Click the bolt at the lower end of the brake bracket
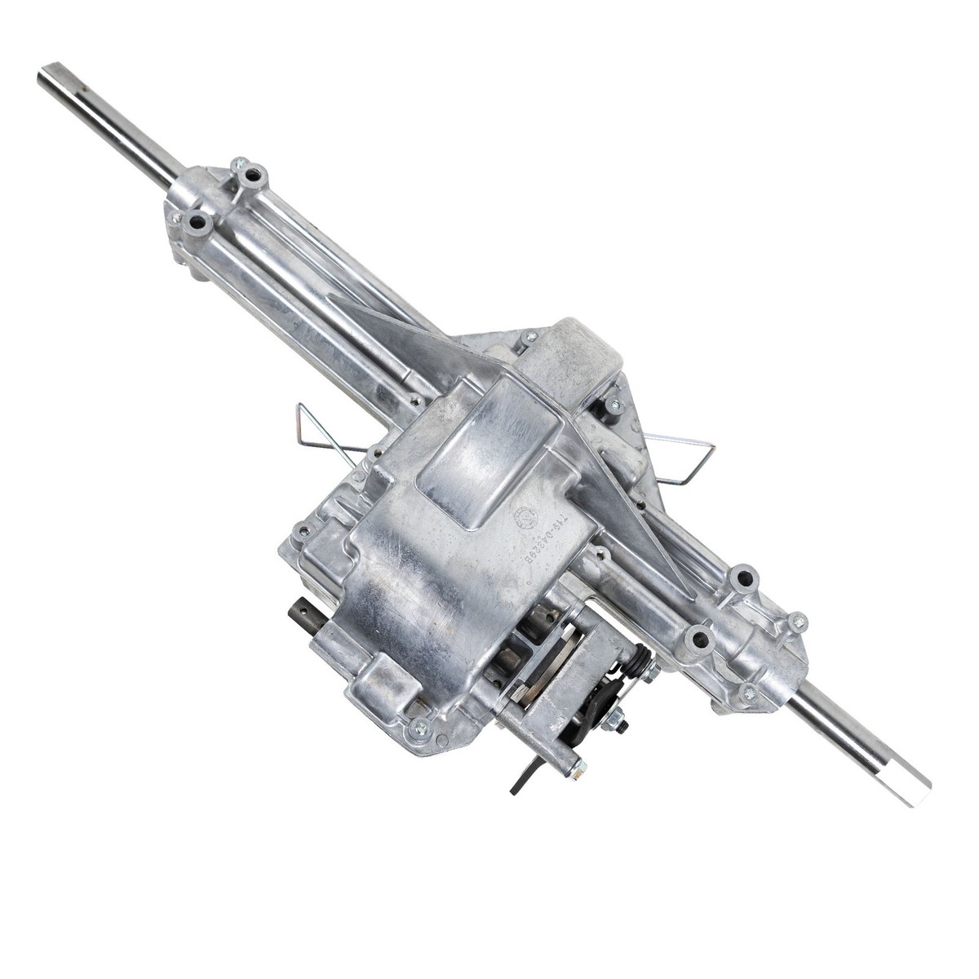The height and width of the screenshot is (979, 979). pos(578,764)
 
